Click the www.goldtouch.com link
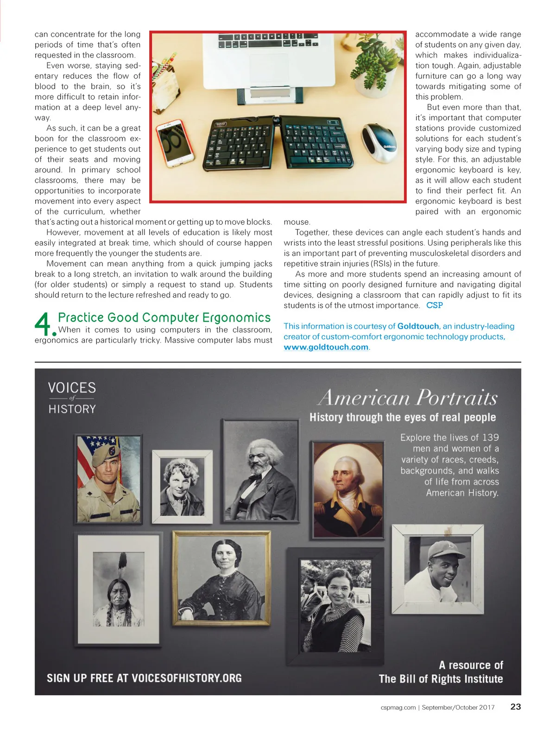click(326, 347)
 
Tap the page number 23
click(515, 707)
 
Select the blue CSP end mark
click(434, 305)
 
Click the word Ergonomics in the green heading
click(236, 317)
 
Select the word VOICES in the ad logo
click(72, 387)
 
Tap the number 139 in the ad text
click(490, 438)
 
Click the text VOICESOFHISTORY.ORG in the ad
click(187, 678)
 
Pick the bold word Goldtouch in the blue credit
click(418, 326)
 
